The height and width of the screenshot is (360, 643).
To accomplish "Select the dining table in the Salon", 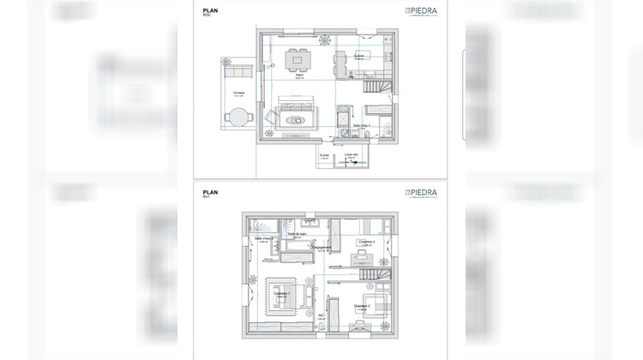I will click(x=299, y=59).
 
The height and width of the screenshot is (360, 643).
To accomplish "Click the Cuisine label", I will click(x=358, y=57).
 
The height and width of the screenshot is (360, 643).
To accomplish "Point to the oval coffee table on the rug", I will click(x=296, y=119).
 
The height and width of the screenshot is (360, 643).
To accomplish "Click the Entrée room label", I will click(x=324, y=156).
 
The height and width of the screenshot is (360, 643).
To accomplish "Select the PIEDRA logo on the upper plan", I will click(x=421, y=12).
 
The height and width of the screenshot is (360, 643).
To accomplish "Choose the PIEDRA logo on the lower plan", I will click(x=421, y=194).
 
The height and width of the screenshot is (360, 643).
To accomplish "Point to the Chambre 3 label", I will click(x=367, y=242).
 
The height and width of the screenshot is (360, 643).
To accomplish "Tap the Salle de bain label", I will click(x=297, y=233).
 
